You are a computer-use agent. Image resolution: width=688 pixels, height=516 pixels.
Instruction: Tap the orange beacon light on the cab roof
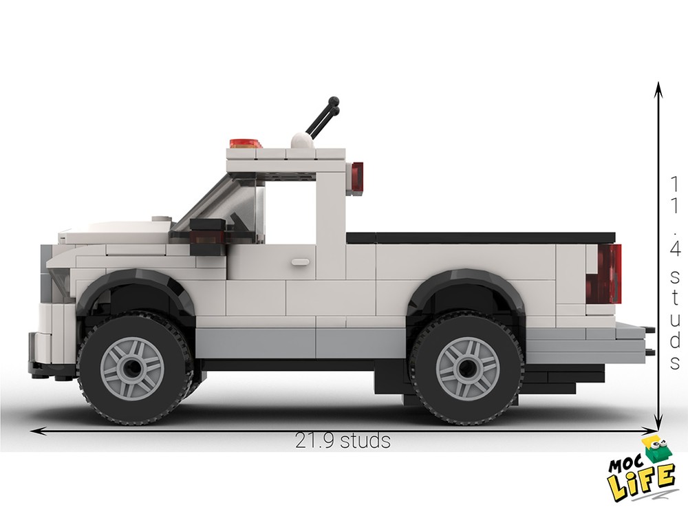(246, 144)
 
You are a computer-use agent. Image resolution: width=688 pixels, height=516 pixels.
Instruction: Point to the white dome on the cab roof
(300, 140)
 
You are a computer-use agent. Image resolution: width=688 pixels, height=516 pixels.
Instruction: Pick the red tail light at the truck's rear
(609, 273)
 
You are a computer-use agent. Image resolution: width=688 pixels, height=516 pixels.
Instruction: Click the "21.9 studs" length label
(343, 440)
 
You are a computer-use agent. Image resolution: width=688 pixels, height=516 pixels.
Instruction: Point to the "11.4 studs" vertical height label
(675, 272)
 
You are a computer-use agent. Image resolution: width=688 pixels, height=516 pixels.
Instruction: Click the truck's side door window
(289, 206)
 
